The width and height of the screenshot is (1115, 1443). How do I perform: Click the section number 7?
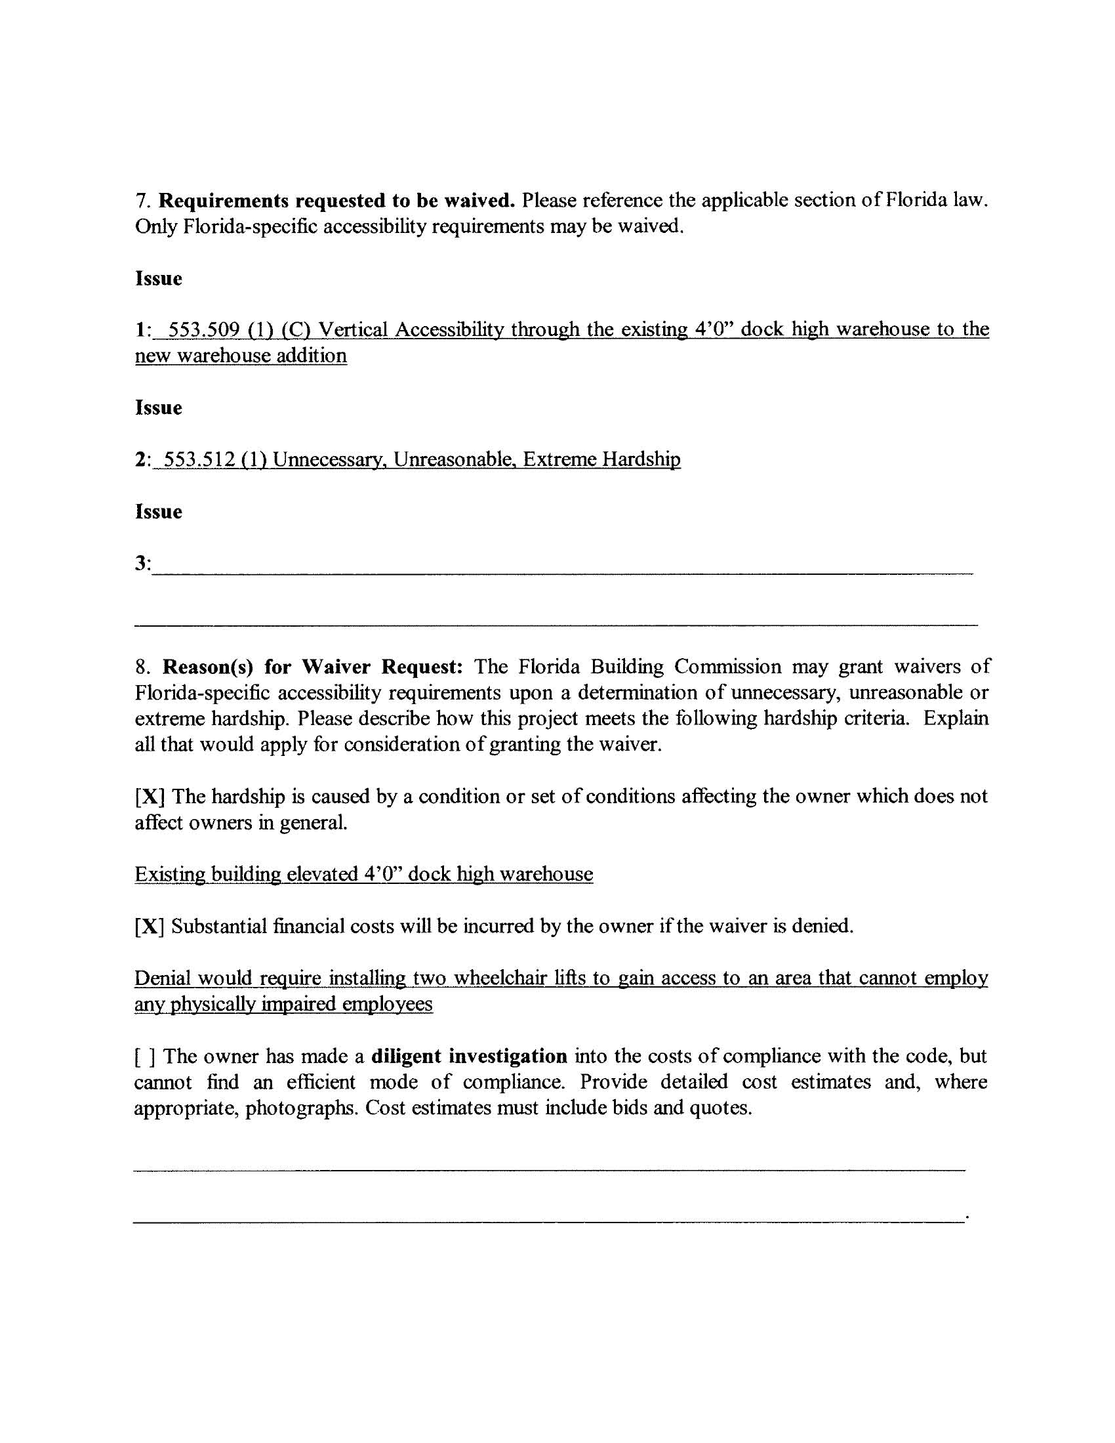(x=141, y=201)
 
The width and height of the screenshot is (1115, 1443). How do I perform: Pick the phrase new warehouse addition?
(x=241, y=356)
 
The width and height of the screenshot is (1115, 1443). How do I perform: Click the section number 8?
(x=141, y=667)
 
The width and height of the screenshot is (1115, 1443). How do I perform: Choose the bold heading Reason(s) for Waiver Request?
(x=312, y=667)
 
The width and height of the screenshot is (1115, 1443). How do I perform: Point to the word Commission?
(x=727, y=667)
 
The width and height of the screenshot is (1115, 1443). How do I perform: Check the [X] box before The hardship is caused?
(x=150, y=797)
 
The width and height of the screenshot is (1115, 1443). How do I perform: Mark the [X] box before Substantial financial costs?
(x=150, y=927)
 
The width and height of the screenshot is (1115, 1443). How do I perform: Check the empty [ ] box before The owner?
(x=145, y=1056)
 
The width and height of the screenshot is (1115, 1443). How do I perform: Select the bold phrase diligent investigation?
(x=469, y=1056)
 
